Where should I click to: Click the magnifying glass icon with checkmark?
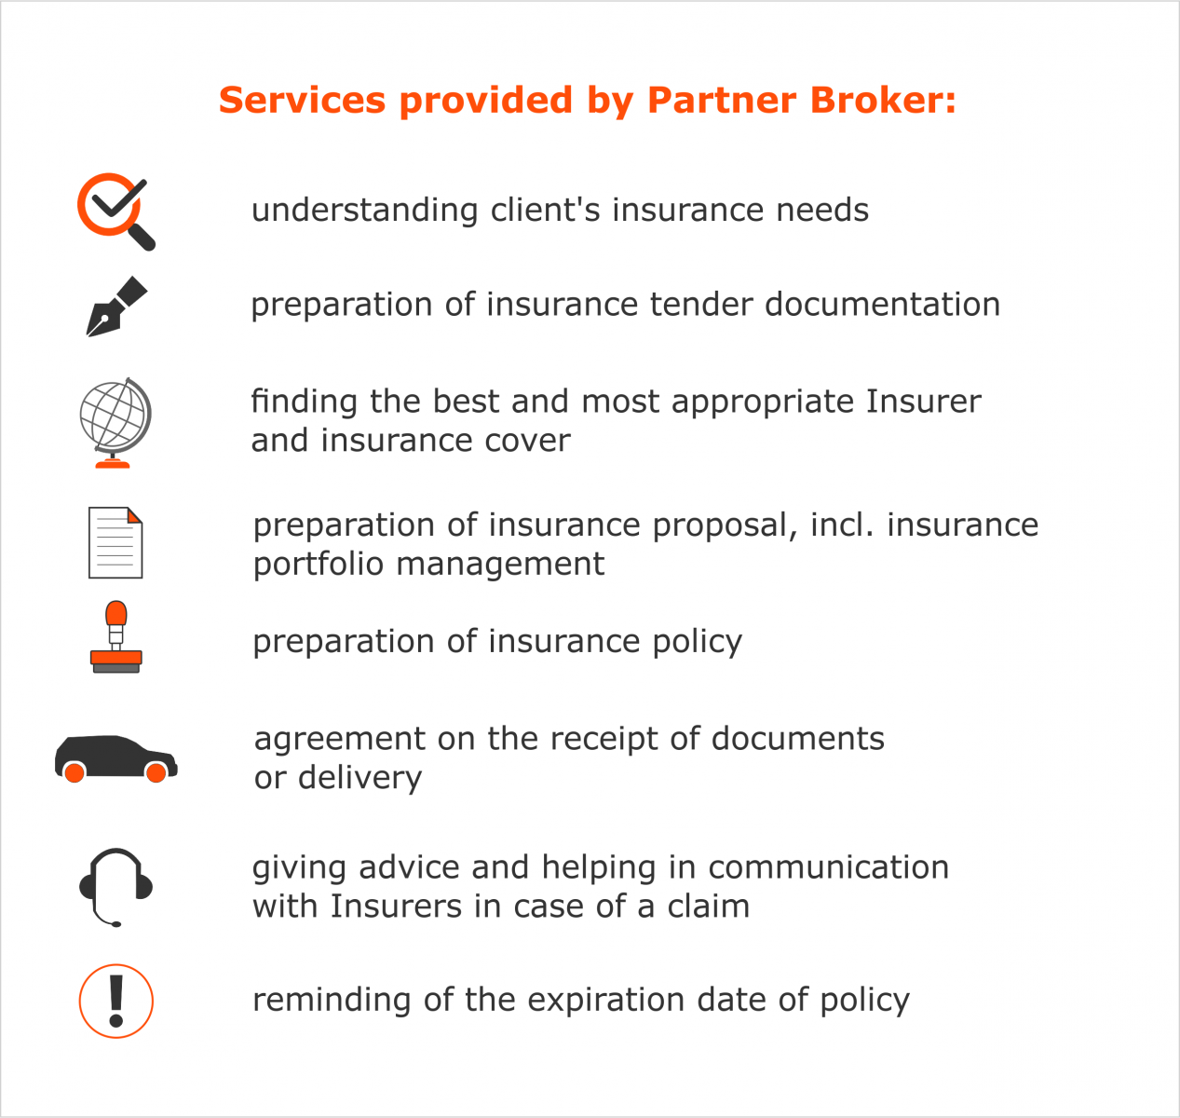click(115, 211)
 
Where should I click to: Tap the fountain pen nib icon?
click(116, 307)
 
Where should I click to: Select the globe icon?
click(115, 423)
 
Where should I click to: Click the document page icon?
click(115, 543)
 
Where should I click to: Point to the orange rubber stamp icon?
click(115, 636)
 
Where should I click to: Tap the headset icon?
click(115, 888)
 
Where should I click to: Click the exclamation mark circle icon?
click(115, 1001)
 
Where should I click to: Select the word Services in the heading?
click(302, 100)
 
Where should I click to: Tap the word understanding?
click(364, 211)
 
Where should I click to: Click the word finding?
click(305, 402)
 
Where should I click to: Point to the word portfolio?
click(319, 565)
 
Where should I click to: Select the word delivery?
click(360, 779)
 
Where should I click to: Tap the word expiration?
click(606, 1002)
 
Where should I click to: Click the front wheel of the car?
click(156, 772)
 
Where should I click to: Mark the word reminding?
click(332, 1002)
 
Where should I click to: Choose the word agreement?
click(340, 740)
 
